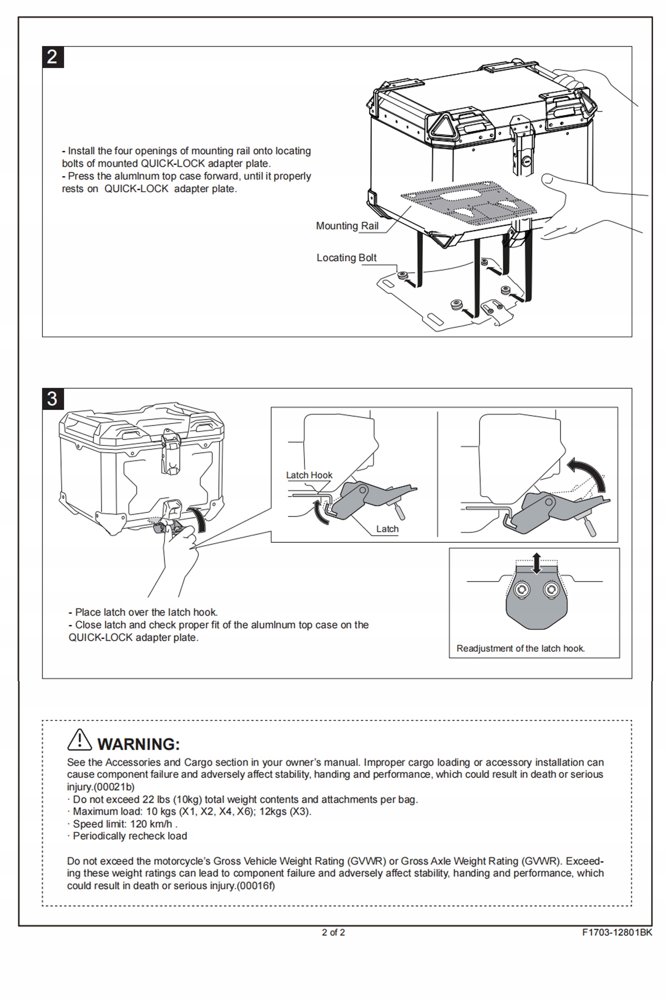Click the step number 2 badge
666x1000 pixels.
53,57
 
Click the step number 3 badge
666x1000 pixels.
53,399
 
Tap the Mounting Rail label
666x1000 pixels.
347,226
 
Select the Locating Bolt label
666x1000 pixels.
346,258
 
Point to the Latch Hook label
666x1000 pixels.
309,475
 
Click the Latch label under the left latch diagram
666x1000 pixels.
387,529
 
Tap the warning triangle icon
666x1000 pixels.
79,739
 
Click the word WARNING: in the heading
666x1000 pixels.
139,744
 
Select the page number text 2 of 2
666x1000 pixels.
333,933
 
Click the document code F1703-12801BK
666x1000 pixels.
617,933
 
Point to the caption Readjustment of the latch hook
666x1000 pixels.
521,648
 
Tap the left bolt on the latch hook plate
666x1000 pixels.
521,589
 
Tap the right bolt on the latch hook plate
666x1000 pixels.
551,589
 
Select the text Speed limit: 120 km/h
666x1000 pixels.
125,824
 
